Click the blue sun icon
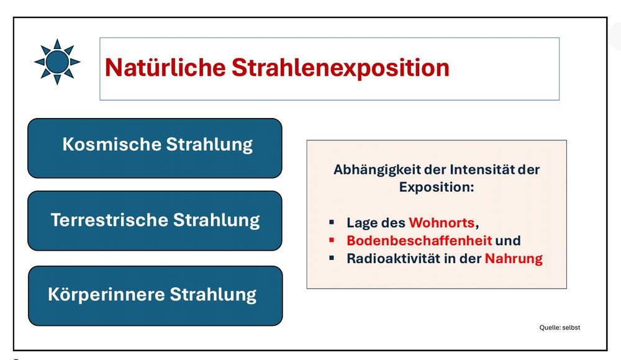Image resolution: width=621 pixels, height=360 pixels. pos(57,62)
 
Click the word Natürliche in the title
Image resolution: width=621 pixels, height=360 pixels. pos(165,67)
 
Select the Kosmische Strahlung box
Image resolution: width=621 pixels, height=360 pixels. pos(155,148)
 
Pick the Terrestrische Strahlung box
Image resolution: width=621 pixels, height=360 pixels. pos(155,220)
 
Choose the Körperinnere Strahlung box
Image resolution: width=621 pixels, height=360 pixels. pos(155,296)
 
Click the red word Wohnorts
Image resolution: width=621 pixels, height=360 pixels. pos(442,223)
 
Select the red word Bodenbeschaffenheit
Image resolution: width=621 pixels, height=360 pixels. pos(419,240)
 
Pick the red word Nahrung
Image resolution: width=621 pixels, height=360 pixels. pos(514,259)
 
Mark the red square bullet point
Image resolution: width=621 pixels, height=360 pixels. pos(332,240)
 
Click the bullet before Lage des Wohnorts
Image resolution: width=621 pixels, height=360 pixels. pos(332,222)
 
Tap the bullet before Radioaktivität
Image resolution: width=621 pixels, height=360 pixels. pos(332,258)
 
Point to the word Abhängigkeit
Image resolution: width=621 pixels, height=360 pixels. pos(377,170)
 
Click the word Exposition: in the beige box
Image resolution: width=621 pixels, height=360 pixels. pos(437,187)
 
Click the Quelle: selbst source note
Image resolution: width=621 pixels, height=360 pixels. pos(560,328)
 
